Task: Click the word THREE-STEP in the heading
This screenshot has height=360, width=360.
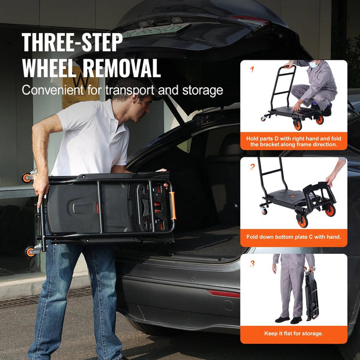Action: coord(72,43)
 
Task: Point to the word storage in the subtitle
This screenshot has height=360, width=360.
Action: coord(201,91)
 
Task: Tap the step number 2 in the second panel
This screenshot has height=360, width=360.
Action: coord(252,167)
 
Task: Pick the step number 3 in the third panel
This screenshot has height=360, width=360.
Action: coord(252,264)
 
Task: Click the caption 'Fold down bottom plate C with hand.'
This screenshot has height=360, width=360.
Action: coord(294,237)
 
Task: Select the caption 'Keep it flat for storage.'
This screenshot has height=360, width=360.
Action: coord(294,334)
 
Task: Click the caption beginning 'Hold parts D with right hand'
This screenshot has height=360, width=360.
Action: coord(294,141)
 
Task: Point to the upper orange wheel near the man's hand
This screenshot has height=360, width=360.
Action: coord(27,178)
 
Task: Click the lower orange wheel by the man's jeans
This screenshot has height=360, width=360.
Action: coord(30,251)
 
